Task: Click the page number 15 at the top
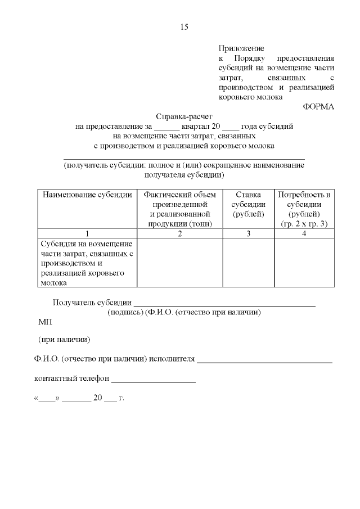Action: tap(184, 27)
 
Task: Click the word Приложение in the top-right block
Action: tap(241, 49)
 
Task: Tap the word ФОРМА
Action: tap(318, 107)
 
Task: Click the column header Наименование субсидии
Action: tap(87, 195)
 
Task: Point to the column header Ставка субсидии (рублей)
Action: tap(248, 204)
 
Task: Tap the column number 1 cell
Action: tap(87, 233)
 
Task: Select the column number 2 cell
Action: tap(180, 233)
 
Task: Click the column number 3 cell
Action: tap(248, 233)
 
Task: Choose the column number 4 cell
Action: tap(304, 233)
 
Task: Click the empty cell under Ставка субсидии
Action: tap(248, 263)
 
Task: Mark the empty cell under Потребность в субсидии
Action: tap(304, 263)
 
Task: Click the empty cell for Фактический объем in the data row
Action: tap(180, 263)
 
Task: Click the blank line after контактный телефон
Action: tap(153, 381)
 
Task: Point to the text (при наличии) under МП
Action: tap(64, 340)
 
